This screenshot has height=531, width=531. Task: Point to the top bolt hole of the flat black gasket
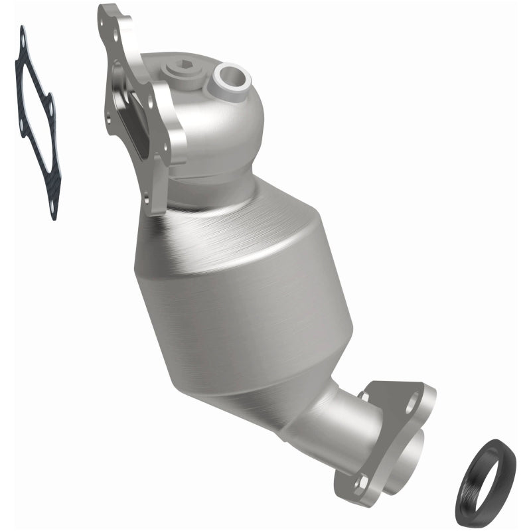24,40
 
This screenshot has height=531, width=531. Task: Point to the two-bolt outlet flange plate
398,425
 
